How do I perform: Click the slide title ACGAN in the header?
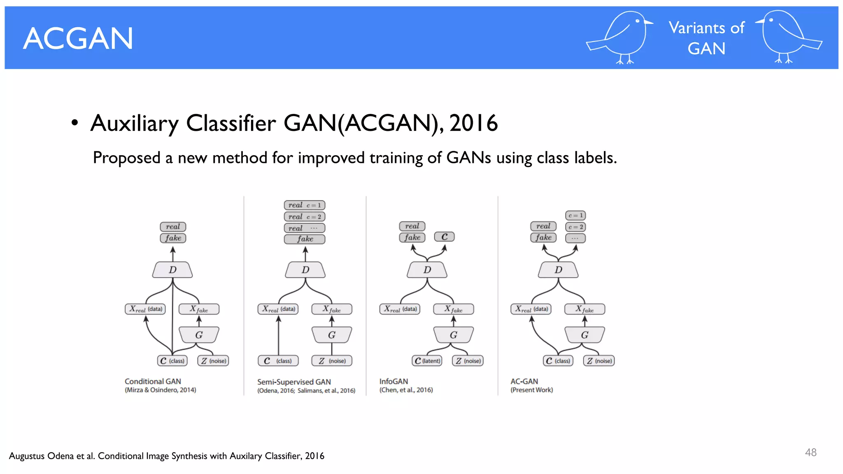point(78,39)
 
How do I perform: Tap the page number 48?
point(810,452)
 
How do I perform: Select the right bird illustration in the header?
point(787,37)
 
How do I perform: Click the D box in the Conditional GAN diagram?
point(172,270)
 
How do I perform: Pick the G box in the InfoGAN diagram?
point(453,335)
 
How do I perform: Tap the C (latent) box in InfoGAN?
point(427,361)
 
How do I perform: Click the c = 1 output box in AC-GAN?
point(575,215)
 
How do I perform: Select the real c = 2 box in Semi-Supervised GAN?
point(305,216)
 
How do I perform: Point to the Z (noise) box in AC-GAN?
point(599,361)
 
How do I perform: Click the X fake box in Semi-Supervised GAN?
point(332,309)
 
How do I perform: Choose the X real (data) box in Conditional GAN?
point(145,309)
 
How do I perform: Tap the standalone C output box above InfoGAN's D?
point(444,237)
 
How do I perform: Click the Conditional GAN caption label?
point(153,381)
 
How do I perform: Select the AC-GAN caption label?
point(524,381)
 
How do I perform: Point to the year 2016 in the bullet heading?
point(473,123)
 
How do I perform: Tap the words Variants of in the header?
point(706,28)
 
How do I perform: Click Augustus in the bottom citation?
point(27,456)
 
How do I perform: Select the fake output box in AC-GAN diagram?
point(543,237)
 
